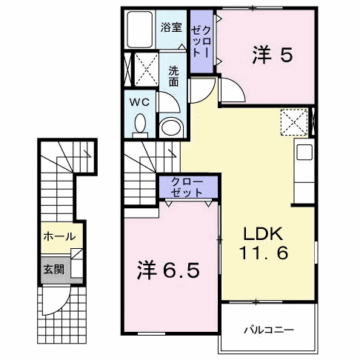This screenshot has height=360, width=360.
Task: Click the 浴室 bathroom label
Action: (x=171, y=27)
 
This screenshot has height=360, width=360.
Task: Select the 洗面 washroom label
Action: (x=173, y=76)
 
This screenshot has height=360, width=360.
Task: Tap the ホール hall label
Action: (x=59, y=237)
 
